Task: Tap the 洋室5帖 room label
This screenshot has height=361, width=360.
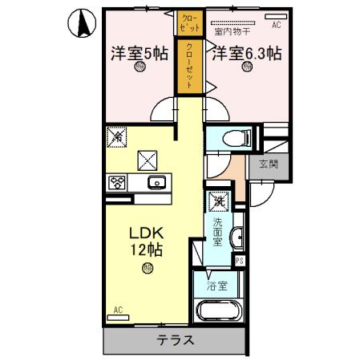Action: (x=137, y=54)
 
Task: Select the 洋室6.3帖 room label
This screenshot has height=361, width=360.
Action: (x=246, y=54)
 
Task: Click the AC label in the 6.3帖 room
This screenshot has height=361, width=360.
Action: (x=277, y=26)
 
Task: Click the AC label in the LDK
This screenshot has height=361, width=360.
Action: (x=118, y=309)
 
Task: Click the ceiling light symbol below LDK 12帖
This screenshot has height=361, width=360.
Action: (x=146, y=270)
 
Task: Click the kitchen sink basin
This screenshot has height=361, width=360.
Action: (x=156, y=180)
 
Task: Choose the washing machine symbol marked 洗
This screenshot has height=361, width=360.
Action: (x=217, y=201)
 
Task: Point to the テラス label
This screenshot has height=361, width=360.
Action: (x=173, y=339)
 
